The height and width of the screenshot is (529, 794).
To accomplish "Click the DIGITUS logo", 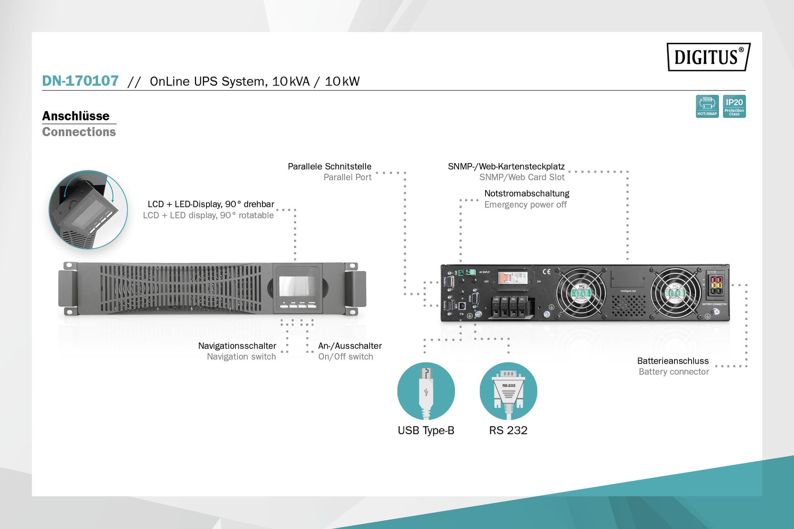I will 708,57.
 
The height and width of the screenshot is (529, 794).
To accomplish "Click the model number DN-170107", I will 80,81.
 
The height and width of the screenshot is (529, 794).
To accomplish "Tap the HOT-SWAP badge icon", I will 707,106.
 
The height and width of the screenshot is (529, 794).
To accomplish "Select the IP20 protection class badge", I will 734,106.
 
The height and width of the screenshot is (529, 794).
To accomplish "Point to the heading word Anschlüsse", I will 76,116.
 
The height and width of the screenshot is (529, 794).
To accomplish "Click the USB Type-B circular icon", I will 426,391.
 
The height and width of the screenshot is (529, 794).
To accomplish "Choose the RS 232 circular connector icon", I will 508,391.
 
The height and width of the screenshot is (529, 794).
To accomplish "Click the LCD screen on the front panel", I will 297,286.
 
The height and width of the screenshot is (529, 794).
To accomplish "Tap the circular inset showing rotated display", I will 88,210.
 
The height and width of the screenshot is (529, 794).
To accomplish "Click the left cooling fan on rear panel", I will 581,292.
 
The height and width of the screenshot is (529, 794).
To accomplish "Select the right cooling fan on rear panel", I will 675,292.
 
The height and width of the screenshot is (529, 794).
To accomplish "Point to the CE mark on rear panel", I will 546,272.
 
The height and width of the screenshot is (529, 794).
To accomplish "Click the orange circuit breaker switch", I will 505,278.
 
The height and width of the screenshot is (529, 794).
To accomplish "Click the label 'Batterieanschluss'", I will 673,361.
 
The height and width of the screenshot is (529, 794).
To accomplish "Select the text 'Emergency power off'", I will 525,204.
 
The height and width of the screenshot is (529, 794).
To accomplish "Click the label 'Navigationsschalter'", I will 237,345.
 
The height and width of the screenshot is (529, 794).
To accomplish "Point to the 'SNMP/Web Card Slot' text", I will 521,177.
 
